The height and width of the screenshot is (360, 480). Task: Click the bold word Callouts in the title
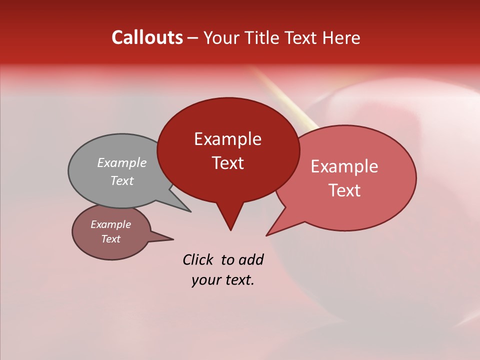coord(147,37)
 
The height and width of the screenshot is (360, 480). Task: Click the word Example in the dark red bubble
coord(227,139)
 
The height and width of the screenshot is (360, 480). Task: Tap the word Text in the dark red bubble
coord(227,163)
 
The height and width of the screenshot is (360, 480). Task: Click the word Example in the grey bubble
coord(121,162)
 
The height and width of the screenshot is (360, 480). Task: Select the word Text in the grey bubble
coord(121,180)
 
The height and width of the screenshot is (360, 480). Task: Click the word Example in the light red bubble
coord(344,166)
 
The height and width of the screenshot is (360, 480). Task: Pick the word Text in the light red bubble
coord(344,190)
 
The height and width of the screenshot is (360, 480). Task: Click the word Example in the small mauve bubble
coord(110,224)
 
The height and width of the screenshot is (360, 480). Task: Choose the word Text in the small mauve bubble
coord(110,239)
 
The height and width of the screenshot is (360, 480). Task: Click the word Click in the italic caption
coord(198,259)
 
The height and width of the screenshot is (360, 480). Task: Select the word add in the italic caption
coord(250,259)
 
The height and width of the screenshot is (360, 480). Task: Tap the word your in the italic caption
coord(205,280)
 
